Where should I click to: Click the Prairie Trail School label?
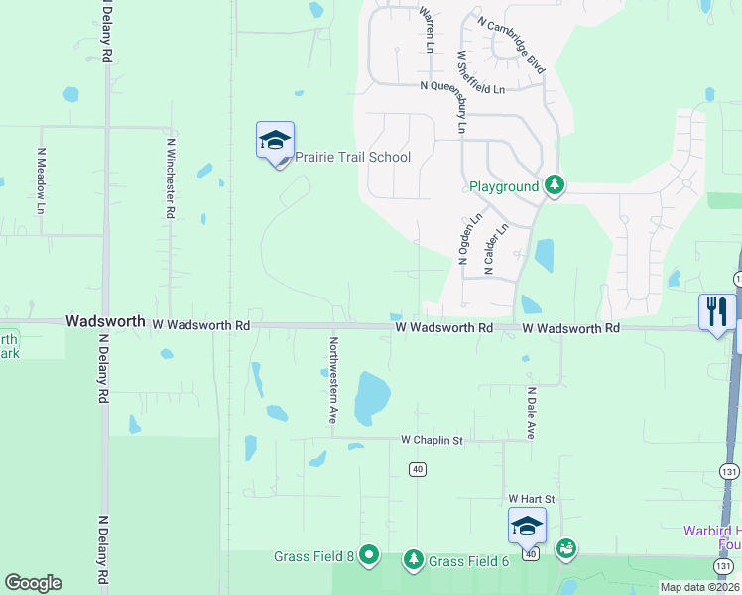coord(352,158)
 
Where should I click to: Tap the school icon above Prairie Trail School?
coord(275,141)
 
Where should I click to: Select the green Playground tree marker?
coord(555,185)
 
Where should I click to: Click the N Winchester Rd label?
coord(171,178)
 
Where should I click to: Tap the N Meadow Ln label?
coord(41,180)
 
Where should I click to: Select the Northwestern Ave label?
coord(333,380)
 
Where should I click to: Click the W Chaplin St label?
coord(432,439)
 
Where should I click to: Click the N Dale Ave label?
coord(531,414)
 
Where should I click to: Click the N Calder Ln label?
coord(494,248)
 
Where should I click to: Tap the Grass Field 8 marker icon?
coord(369,554)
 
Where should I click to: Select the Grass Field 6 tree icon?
coord(413,560)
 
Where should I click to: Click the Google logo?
coord(34,583)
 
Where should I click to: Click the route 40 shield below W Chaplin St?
coord(417,469)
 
